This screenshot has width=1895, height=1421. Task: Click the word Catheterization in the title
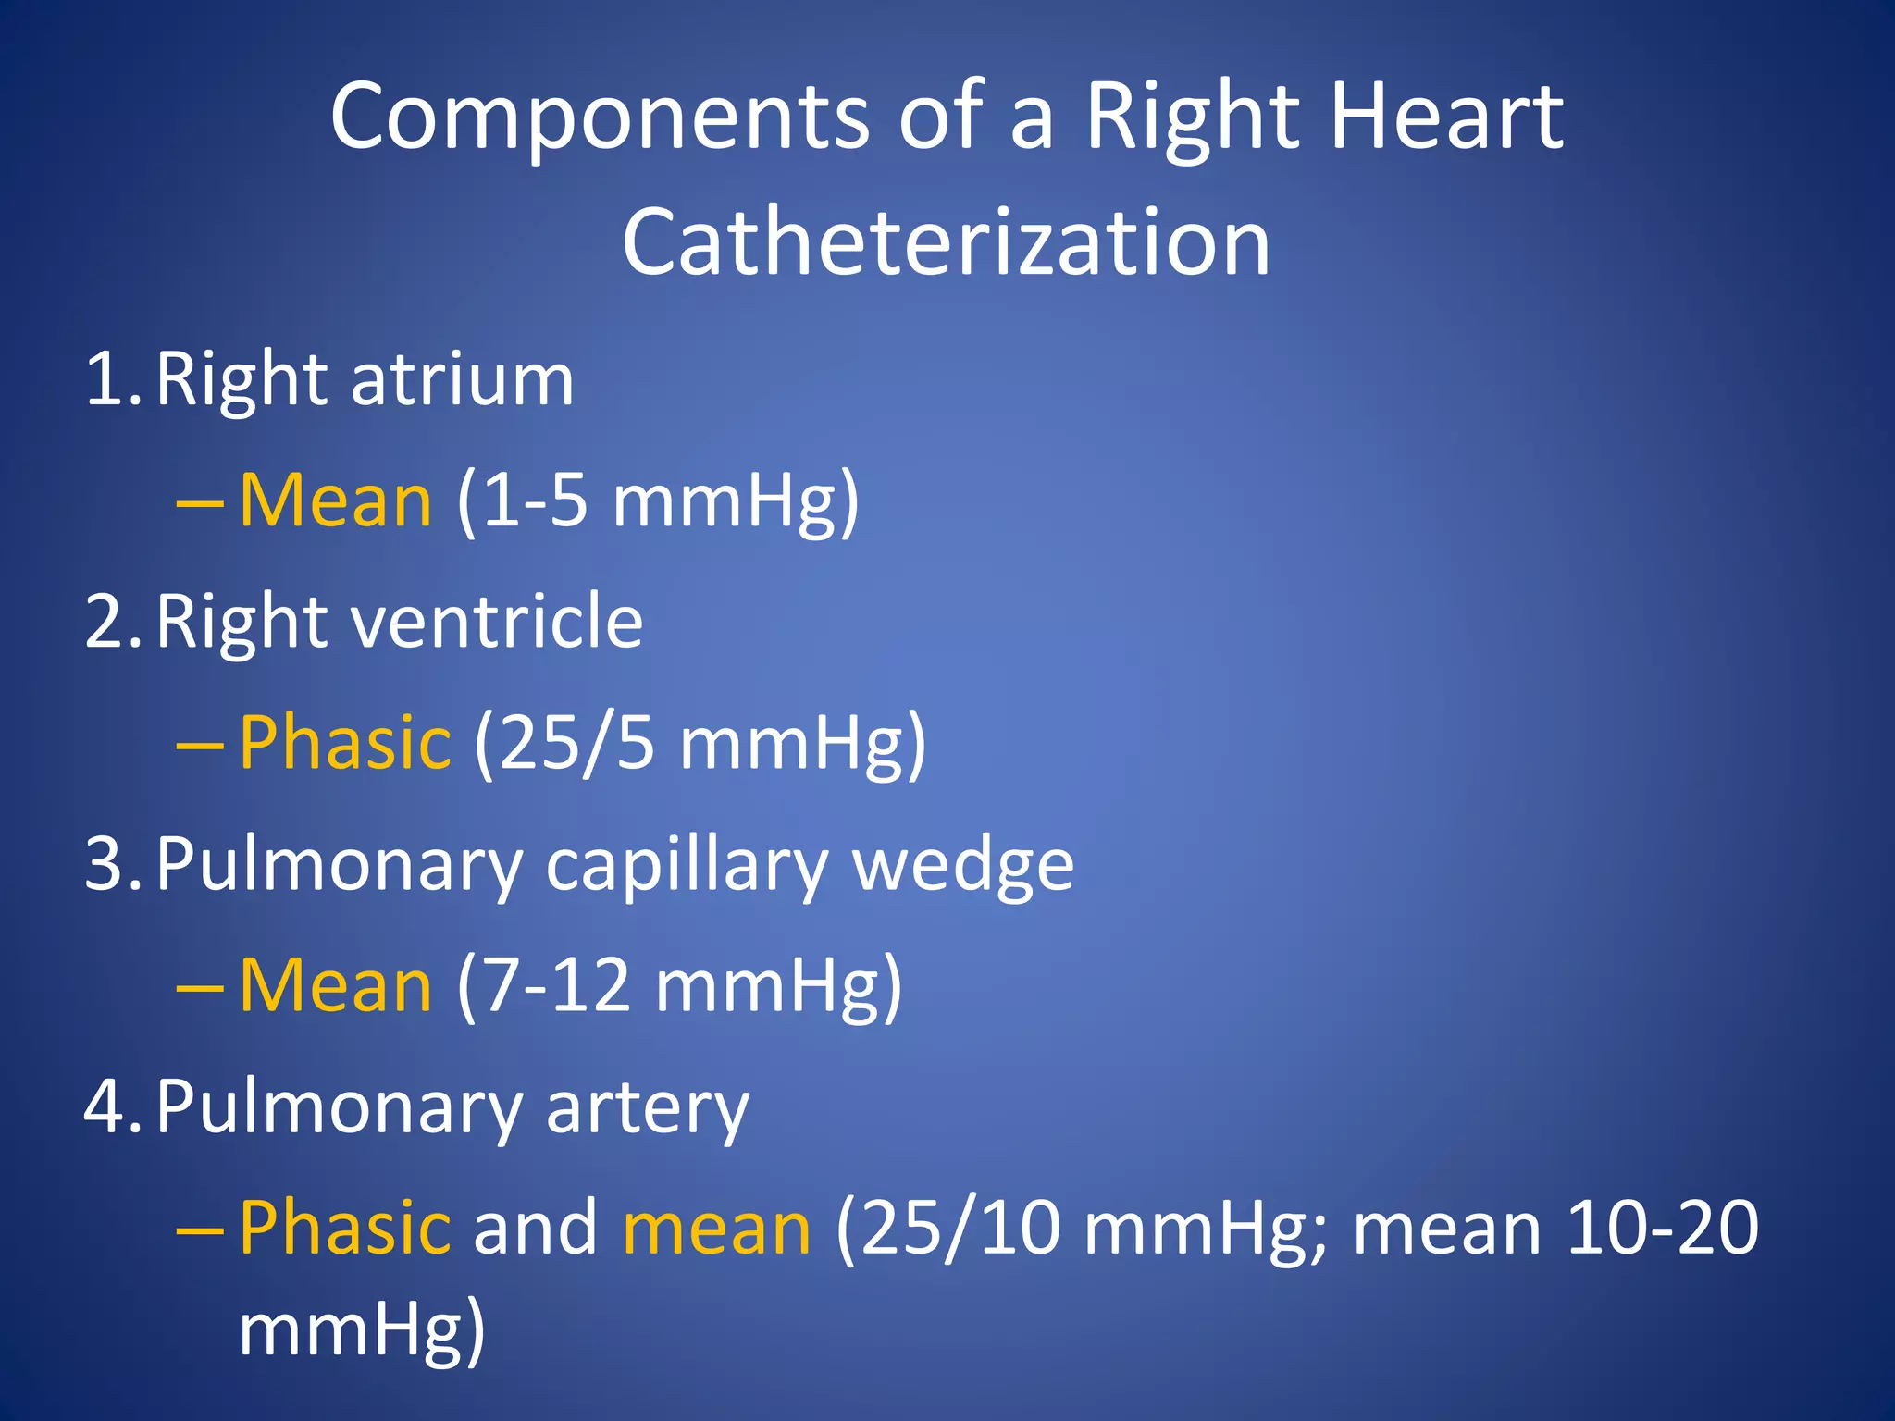(x=946, y=242)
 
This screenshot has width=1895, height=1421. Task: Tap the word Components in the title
(x=600, y=117)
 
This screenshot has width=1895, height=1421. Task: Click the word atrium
(x=462, y=379)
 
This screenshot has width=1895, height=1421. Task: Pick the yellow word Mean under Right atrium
(x=335, y=500)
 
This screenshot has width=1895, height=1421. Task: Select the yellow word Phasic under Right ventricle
(x=345, y=743)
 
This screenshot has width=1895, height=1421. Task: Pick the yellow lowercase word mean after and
(x=716, y=1229)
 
